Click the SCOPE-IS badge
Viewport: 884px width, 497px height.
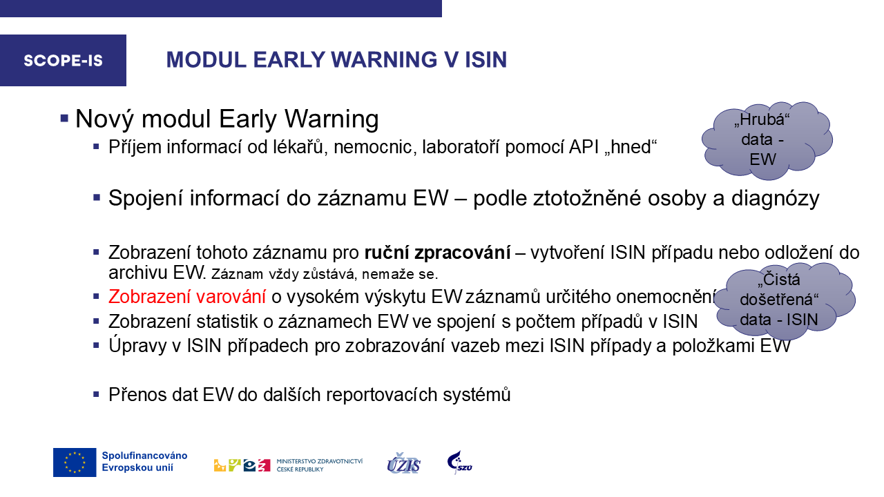(63, 60)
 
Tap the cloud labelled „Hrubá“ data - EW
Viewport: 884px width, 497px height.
(767, 140)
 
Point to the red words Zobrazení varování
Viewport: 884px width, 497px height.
(187, 297)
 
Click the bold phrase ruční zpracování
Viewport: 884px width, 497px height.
(437, 253)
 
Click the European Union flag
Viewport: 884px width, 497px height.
(75, 462)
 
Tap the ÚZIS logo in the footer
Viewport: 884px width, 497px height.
(404, 463)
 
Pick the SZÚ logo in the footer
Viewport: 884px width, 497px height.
(459, 462)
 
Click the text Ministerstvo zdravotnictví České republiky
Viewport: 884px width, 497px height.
(319, 465)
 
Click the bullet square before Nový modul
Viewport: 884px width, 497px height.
(64, 118)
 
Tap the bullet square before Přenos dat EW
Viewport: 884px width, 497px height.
(96, 393)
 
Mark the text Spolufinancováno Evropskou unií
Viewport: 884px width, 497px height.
(144, 462)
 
